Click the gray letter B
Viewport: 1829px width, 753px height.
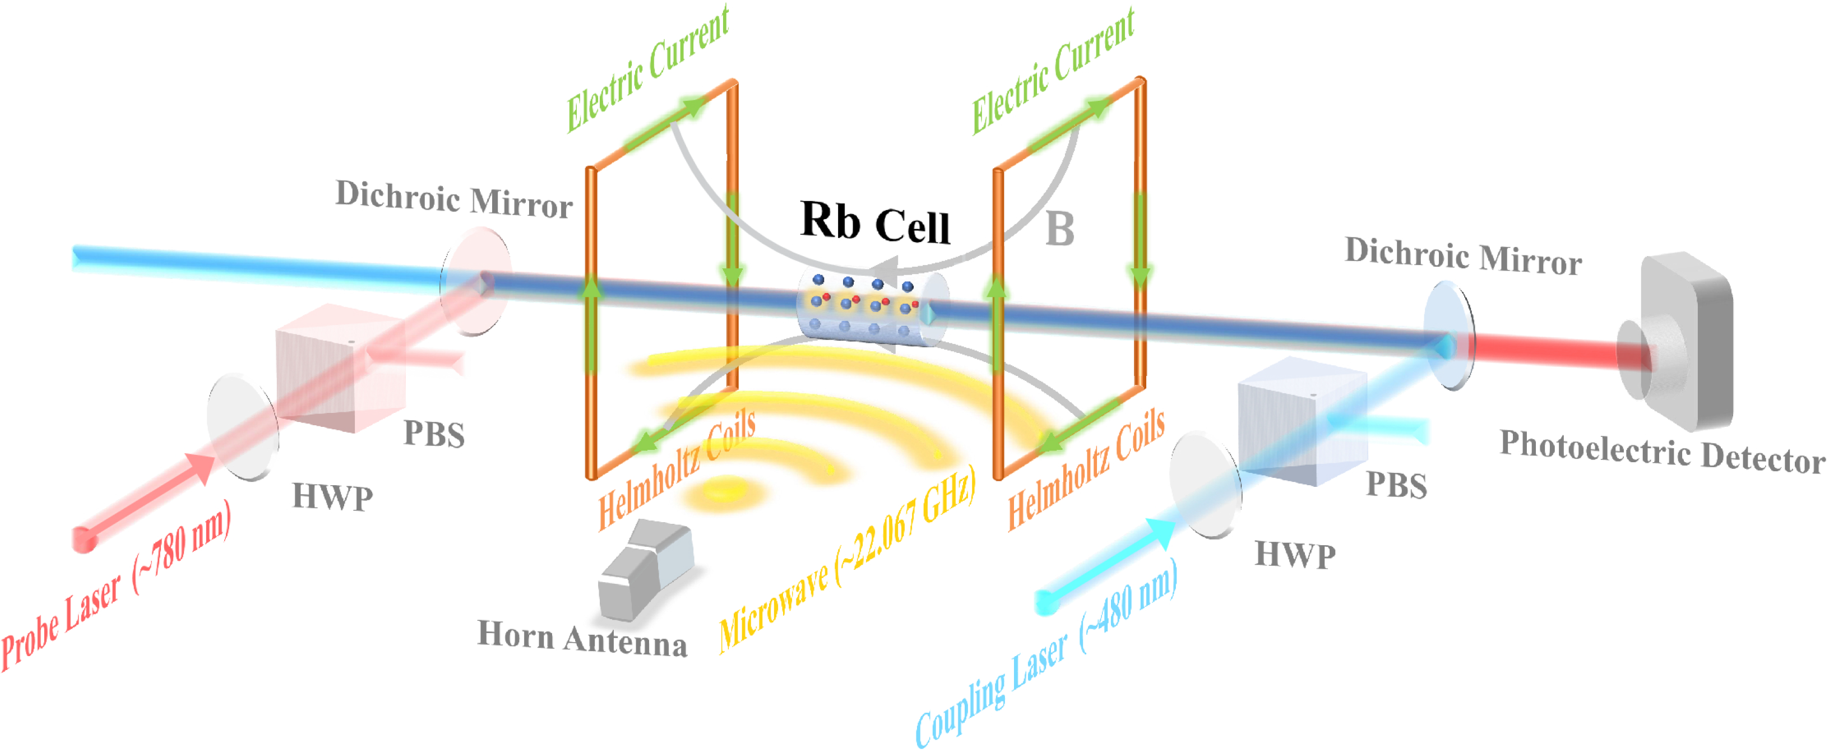[1059, 230]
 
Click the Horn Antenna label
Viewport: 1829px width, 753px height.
[582, 638]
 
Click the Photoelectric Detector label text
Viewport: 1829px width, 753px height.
[1661, 452]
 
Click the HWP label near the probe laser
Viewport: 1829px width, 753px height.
[332, 497]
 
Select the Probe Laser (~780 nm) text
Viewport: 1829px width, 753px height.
[117, 586]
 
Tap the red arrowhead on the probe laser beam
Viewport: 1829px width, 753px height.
[199, 468]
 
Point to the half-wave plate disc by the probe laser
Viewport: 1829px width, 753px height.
[242, 429]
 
